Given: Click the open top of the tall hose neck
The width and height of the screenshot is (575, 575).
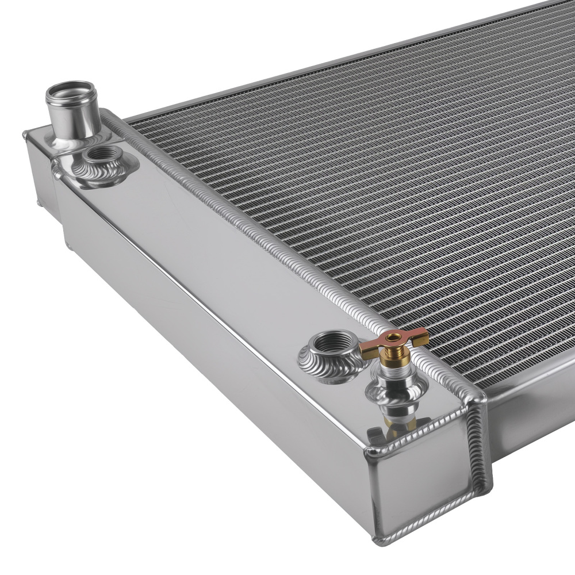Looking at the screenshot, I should (x=71, y=92).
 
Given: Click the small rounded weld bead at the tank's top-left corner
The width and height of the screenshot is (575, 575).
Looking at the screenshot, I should (x=25, y=135).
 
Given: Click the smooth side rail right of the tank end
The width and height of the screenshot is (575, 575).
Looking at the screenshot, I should (x=529, y=414).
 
